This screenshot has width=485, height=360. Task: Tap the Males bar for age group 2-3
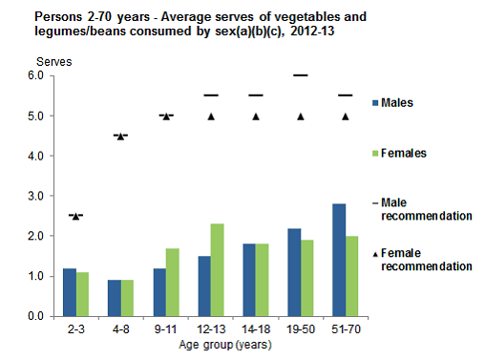point(69,291)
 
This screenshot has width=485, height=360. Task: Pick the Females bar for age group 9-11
point(173,282)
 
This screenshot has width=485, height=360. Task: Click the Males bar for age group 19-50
point(293,272)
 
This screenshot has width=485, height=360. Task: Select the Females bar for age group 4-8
point(128,297)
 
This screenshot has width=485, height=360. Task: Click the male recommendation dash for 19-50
point(300,75)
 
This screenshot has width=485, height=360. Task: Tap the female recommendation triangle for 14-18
point(256,116)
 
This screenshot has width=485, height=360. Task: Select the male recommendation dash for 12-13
point(211,95)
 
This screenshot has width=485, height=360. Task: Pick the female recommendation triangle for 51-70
point(345,116)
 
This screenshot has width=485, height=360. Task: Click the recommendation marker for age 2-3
point(76,216)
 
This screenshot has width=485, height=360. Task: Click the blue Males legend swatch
point(377,102)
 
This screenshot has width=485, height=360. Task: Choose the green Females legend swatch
point(377,153)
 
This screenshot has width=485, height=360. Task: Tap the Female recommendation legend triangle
point(377,253)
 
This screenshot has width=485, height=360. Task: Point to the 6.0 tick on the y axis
point(38,76)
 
